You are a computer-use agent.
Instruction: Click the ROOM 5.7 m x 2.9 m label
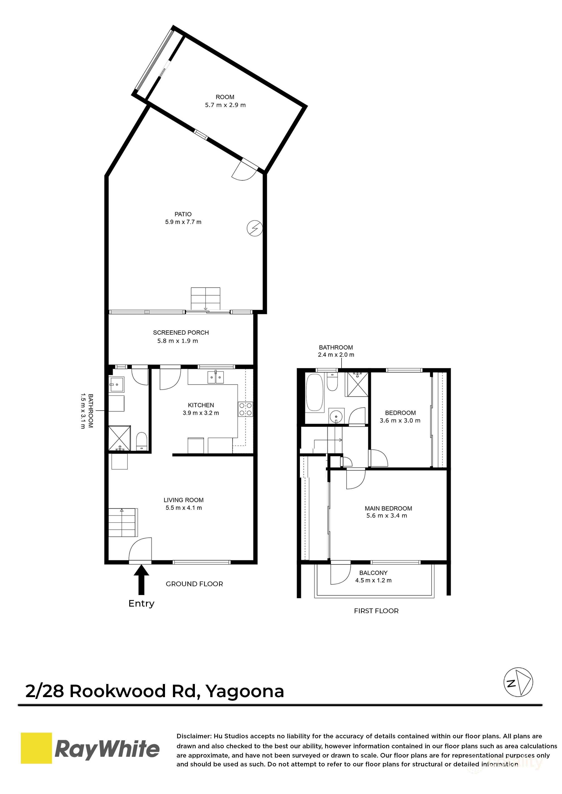[225, 101]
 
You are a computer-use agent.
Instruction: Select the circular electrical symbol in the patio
[255, 228]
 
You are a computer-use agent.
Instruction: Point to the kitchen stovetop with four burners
[245, 409]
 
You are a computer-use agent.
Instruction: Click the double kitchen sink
[216, 377]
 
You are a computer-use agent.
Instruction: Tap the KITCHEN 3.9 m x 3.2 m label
[201, 409]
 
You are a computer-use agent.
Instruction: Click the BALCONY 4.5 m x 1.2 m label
[373, 577]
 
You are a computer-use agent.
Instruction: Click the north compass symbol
[518, 682]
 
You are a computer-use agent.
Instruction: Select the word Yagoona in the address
[245, 692]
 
